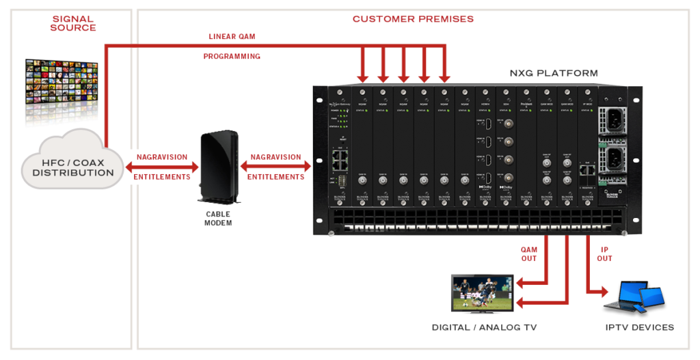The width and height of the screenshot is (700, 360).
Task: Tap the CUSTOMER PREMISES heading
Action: pos(412,19)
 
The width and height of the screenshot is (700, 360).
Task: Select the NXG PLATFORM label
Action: pos(553,72)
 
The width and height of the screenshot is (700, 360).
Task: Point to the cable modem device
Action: pos(219,167)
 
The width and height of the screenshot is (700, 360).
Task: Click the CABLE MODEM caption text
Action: pos(218,219)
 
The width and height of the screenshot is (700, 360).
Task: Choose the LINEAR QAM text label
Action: pos(232,36)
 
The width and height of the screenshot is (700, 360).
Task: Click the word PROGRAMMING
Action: pos(232,57)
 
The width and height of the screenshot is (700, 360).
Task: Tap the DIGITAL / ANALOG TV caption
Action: pos(484,328)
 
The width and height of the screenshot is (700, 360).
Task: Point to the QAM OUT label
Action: pos(529,254)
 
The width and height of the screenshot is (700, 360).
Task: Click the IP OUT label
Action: pos(604,254)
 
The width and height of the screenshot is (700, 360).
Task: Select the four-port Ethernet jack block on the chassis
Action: pos(339,161)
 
